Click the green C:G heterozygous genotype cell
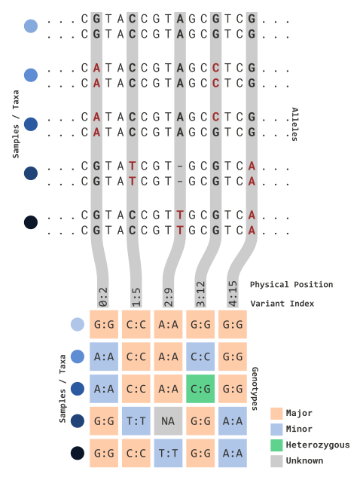point(200,389)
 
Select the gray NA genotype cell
point(168,421)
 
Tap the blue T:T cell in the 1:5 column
point(136,421)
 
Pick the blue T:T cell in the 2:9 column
point(168,453)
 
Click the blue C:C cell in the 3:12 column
point(200,356)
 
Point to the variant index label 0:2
point(103,297)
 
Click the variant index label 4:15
point(233,294)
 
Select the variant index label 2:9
point(168,297)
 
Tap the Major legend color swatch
point(276,413)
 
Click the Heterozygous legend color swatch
point(276,445)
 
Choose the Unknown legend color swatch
point(276,461)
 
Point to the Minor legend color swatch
point(276,430)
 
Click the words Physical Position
point(291,285)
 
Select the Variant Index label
point(282,304)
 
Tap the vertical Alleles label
point(294,124)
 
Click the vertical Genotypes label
point(255,389)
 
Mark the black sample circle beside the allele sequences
point(31,222)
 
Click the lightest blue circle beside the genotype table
point(78,324)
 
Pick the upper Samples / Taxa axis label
point(16,124)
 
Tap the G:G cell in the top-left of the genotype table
point(104,325)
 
